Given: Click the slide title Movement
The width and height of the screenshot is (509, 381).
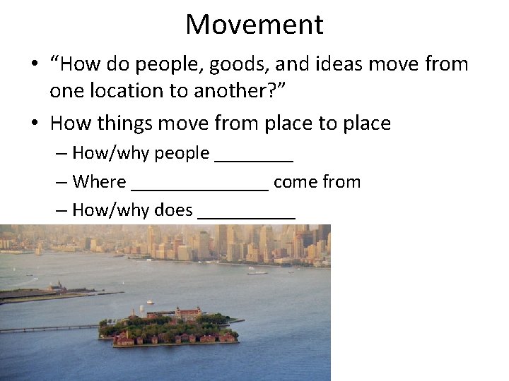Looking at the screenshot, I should click(x=255, y=25).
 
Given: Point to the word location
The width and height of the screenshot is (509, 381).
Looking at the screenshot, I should click(x=122, y=92).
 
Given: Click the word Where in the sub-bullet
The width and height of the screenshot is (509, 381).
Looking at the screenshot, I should click(x=98, y=182).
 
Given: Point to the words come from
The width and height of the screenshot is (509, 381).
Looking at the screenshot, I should click(x=317, y=182).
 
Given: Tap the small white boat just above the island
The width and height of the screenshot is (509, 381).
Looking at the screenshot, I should click(x=150, y=302).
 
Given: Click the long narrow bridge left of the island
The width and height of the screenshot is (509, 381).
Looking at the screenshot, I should click(x=46, y=329).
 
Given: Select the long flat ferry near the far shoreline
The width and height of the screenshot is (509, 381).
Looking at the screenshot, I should click(x=257, y=272).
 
